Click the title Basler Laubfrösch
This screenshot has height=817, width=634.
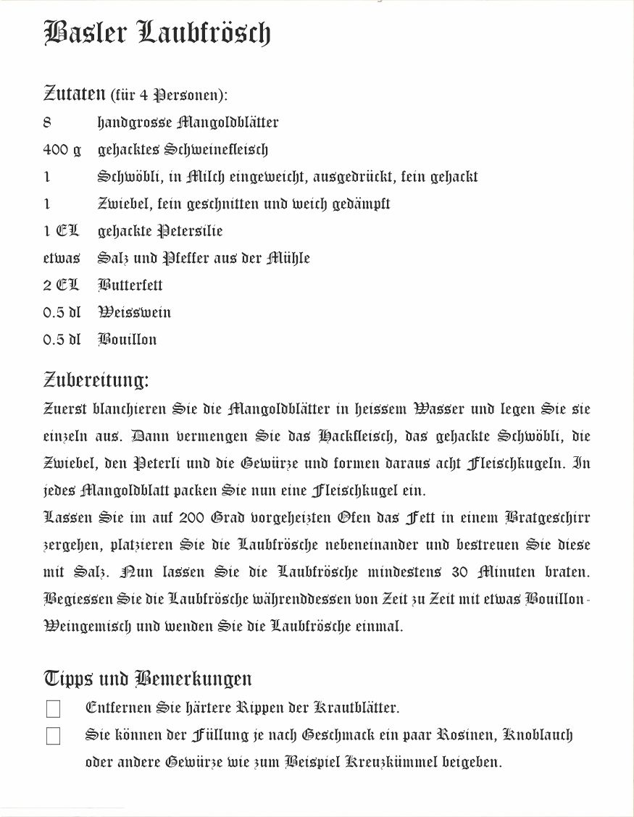pos(157,33)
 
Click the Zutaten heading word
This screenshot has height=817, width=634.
pos(75,93)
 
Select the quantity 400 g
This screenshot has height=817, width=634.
pos(62,150)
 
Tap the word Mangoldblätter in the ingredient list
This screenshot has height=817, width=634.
pos(228,122)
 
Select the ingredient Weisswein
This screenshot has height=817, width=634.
pos(135,312)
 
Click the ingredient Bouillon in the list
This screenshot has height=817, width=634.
pos(128,340)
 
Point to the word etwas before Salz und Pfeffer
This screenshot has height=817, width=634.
pos(62,259)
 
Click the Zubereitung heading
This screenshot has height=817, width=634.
pos(96,380)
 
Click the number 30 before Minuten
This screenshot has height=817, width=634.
pos(461,572)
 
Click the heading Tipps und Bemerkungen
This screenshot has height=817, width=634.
pos(148,679)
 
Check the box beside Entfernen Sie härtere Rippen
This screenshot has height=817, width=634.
pos(53,709)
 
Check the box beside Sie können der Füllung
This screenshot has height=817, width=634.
pos(53,737)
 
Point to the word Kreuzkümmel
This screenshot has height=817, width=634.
pos(392,762)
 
